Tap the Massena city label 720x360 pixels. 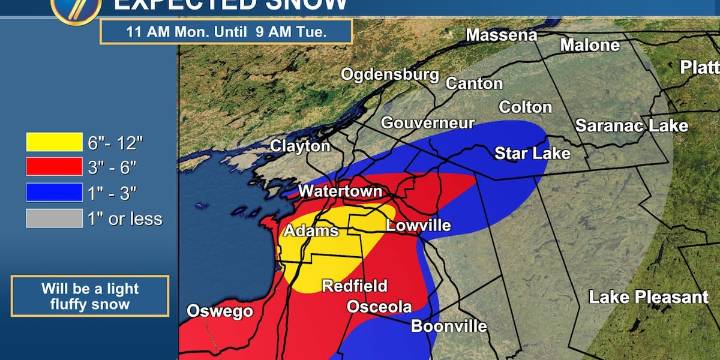pyautogui.click(x=501, y=36)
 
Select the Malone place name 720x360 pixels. pyautogui.click(x=589, y=45)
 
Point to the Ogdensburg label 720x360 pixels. pyautogui.click(x=390, y=74)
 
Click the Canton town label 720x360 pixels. pyautogui.click(x=474, y=83)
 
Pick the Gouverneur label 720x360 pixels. pyautogui.click(x=427, y=122)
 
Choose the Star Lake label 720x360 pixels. pyautogui.click(x=533, y=153)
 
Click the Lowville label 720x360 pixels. pyautogui.click(x=418, y=225)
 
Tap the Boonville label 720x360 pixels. pyautogui.click(x=449, y=326)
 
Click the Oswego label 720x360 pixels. pyautogui.click(x=220, y=312)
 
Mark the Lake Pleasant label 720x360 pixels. pyautogui.click(x=648, y=297)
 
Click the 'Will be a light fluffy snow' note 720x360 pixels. pyautogui.click(x=90, y=296)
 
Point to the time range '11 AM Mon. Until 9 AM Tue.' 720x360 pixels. pyautogui.click(x=227, y=30)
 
